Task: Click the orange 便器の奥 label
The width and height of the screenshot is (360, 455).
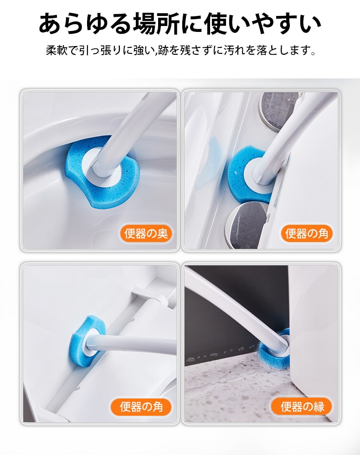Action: [146, 233]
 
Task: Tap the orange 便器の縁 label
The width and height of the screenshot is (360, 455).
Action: [302, 407]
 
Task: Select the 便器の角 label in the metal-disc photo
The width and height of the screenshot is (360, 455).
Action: [307, 233]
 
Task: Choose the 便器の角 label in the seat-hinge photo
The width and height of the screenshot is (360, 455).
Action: [141, 407]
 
